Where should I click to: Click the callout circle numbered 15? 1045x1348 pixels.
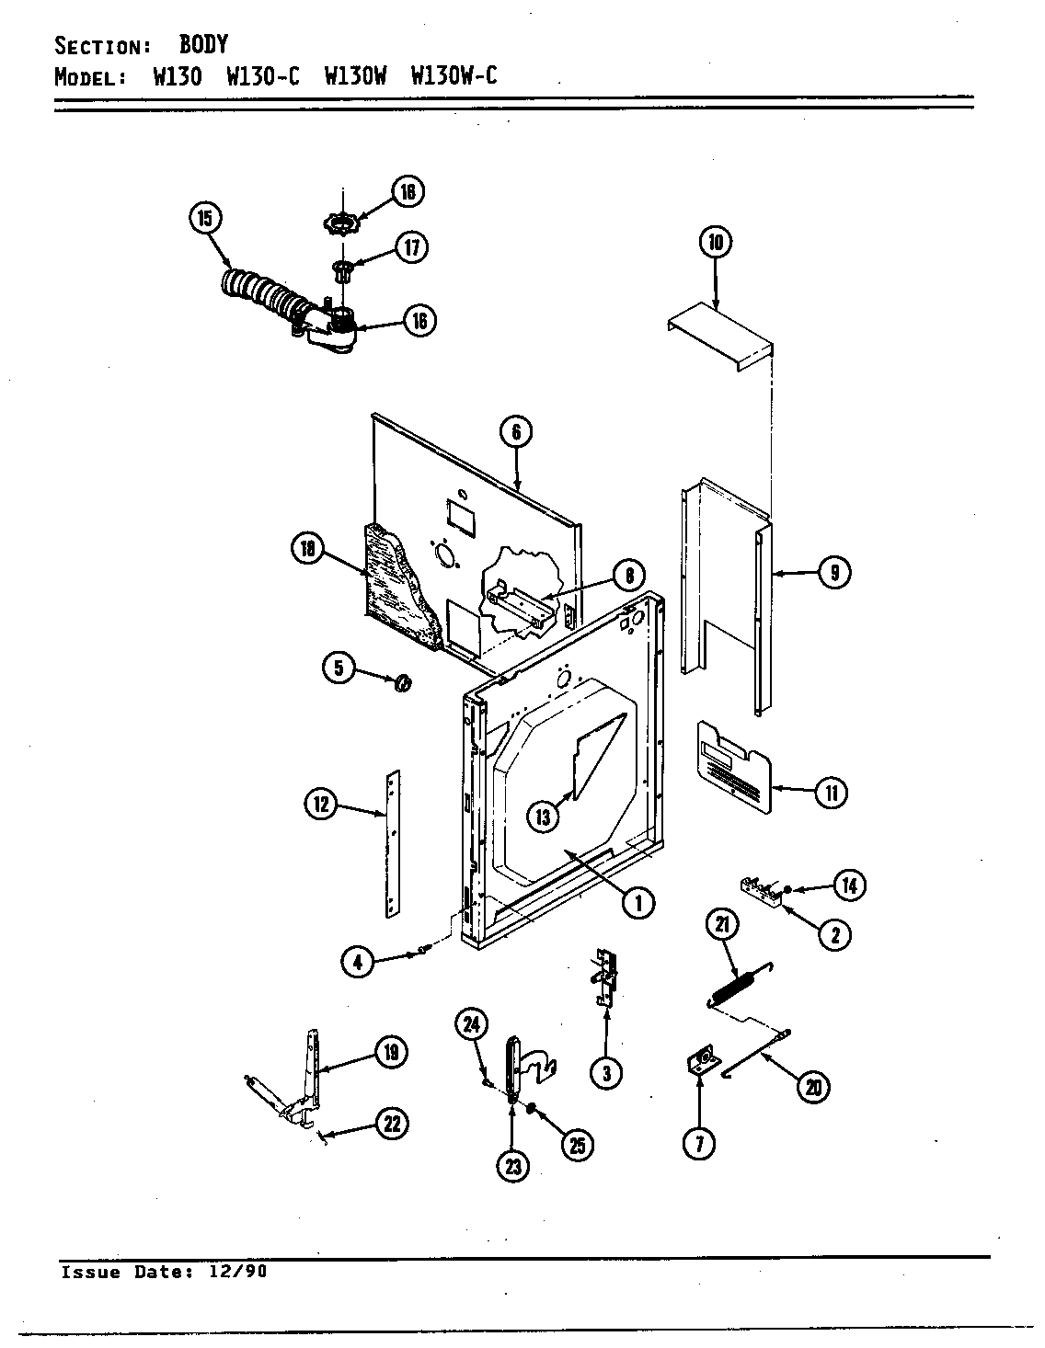point(204,218)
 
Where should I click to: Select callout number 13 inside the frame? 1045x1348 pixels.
point(544,815)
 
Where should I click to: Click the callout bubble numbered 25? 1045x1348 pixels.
point(577,1145)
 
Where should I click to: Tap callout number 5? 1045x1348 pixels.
point(339,668)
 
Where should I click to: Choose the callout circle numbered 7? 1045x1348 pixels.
point(699,1143)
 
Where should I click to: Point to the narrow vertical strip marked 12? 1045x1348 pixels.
point(394,842)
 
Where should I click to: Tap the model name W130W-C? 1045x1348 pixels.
point(454,76)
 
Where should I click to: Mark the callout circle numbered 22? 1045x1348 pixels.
point(393,1124)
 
